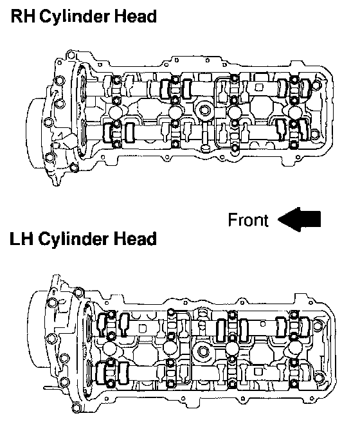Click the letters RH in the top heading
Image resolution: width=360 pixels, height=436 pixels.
pyautogui.click(x=23, y=16)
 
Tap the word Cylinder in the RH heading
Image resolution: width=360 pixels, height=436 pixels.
pyautogui.click(x=75, y=17)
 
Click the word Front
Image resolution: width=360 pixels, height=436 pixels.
pyautogui.click(x=248, y=220)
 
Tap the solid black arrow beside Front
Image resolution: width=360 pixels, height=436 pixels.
pyautogui.click(x=300, y=219)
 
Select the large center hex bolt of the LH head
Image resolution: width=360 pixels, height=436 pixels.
pyautogui.click(x=203, y=352)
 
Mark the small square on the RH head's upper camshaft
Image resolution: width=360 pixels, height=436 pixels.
pyautogui.click(x=259, y=87)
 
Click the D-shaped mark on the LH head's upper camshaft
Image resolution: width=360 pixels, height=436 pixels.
pyautogui.click(x=142, y=328)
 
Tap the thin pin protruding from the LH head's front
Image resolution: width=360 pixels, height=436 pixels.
pyautogui.click(x=50, y=387)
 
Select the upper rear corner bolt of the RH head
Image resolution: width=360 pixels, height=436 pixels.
pyautogui.click(x=315, y=84)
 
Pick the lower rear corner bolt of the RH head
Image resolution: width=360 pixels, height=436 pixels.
pyautogui.click(x=314, y=134)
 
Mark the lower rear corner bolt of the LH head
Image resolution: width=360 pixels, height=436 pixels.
pyautogui.click(x=319, y=377)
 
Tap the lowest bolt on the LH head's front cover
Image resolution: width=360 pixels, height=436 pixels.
pyautogui.click(x=77, y=408)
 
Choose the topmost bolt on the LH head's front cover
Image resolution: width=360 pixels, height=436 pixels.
pyautogui.click(x=78, y=292)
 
